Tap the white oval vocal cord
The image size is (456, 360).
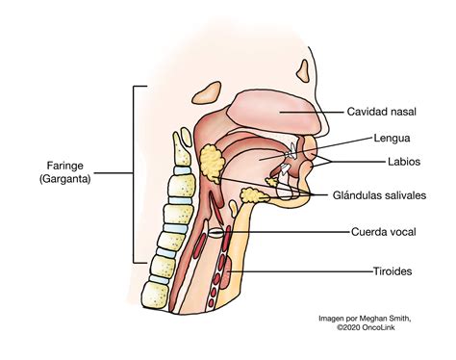[x=217, y=232]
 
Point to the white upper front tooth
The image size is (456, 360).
[x=291, y=151]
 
